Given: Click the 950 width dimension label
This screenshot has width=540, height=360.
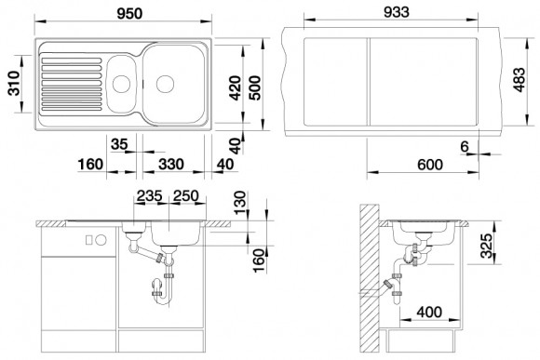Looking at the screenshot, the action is click(129, 13).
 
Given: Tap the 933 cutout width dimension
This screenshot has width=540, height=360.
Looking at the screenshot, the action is click(397, 12).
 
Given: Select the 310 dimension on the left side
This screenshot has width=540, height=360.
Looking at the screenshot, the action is click(14, 83).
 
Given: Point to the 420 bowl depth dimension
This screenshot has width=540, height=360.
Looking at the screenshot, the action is click(236, 87).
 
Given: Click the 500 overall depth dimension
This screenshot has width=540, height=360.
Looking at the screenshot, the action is click(255, 87).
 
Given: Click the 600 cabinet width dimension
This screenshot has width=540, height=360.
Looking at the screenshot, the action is click(430, 165).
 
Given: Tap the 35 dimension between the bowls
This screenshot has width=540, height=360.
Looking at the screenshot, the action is click(119, 144).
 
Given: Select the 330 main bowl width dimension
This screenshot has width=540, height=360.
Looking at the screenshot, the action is click(171, 164).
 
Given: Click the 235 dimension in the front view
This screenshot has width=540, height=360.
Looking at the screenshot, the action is click(150, 196).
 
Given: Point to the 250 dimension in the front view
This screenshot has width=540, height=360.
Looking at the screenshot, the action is click(186, 196).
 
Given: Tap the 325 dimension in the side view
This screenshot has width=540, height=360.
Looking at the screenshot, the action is click(486, 246).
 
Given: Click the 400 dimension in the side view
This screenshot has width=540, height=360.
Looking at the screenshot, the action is click(429, 313).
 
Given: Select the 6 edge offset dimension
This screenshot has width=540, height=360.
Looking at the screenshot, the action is click(465, 146).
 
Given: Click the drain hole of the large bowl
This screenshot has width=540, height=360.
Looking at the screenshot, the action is click(165, 84).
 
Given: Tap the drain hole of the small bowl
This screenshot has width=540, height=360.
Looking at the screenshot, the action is click(122, 84).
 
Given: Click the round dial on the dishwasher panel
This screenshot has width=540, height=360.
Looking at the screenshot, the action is click(101, 240).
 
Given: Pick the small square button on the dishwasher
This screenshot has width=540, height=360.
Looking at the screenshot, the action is click(89, 240).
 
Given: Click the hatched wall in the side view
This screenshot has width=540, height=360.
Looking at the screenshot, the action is click(369, 278).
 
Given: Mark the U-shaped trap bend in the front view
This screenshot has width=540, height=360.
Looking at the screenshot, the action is click(162, 300).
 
